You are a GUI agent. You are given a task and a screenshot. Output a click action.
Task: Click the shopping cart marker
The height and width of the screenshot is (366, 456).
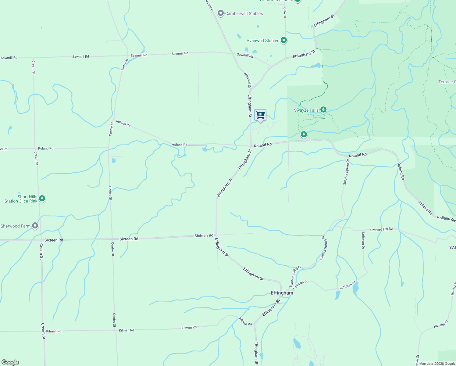[x=260, y=115]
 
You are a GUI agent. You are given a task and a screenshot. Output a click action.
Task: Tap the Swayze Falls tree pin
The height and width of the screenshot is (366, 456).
[x=323, y=110]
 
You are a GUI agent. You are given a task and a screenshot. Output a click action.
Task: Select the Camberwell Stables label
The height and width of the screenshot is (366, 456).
[x=244, y=13]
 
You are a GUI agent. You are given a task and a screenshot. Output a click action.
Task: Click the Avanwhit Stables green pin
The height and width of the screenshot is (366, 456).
[x=284, y=40]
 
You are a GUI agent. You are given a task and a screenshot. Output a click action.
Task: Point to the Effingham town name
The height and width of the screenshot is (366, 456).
[x=282, y=293]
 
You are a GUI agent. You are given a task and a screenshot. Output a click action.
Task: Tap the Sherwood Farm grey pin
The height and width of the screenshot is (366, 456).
[x=35, y=226]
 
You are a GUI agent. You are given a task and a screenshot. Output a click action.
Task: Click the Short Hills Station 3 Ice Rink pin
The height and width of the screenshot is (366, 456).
[x=42, y=199]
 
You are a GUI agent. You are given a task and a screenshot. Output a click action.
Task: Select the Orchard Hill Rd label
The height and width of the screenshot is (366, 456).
[x=381, y=229]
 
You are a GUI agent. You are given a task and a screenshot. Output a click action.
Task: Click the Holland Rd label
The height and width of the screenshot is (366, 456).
[x=446, y=218]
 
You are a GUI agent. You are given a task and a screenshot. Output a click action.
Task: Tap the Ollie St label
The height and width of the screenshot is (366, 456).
[x=285, y=13]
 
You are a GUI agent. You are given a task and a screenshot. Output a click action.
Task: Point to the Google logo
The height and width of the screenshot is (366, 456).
[x=10, y=362]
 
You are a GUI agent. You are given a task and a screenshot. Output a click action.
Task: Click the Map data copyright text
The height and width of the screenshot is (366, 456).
[x=437, y=364]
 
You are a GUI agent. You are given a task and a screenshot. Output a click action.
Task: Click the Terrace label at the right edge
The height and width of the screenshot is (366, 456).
[x=447, y=82]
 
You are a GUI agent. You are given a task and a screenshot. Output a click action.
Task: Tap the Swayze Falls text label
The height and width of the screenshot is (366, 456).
[x=306, y=110]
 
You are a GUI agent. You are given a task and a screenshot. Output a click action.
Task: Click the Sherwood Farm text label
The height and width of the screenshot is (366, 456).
[x=16, y=226]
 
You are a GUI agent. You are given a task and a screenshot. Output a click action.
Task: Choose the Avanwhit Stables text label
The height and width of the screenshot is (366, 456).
[x=263, y=41]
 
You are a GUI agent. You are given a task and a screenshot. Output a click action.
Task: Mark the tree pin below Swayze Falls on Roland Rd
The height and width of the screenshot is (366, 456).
[x=304, y=134]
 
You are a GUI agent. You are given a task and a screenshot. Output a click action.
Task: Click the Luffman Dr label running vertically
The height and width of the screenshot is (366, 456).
[x=363, y=241]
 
